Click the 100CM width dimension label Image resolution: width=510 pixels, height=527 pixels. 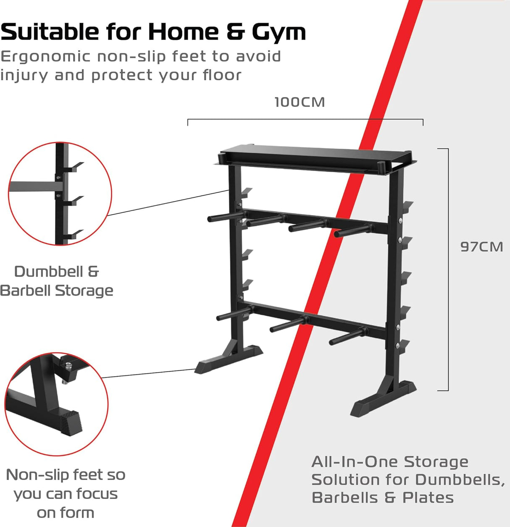point(300,102)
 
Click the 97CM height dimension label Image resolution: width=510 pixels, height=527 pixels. point(481,246)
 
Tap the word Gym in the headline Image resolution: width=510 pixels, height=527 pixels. point(279,33)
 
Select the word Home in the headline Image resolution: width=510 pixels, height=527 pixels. point(183,32)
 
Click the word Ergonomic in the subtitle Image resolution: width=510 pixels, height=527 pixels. point(45,57)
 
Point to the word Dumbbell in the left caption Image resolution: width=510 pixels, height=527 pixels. point(48,272)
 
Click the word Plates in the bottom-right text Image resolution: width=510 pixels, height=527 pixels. point(428,498)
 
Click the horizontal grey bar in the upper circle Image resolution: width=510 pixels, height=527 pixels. point(32,186)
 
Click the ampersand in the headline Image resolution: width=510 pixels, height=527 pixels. point(236,32)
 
